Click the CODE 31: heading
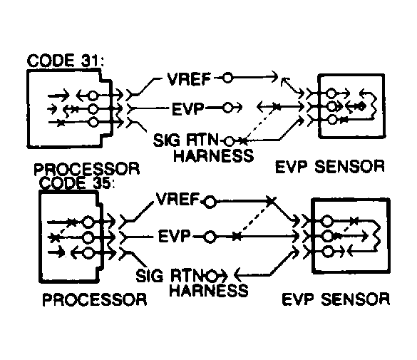(x=65, y=61)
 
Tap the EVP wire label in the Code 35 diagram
(x=177, y=236)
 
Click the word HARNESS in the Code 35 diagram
(x=210, y=290)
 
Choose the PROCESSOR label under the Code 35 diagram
(x=95, y=299)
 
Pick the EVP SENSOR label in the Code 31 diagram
(x=330, y=168)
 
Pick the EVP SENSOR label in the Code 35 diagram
(x=341, y=298)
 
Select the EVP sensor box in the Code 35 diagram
(x=349, y=235)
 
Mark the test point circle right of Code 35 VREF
(x=209, y=202)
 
